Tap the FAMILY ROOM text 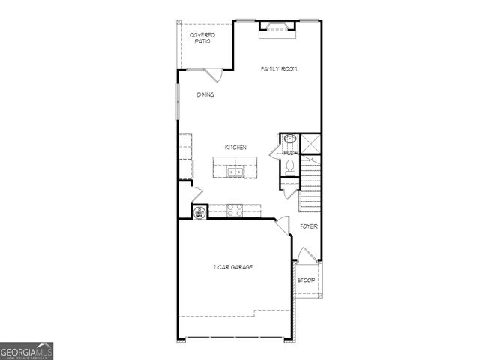(x=279, y=69)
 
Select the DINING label (x=205, y=95)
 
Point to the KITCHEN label (x=235, y=148)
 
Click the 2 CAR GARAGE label (x=232, y=267)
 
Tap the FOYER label (x=309, y=226)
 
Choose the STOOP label (x=306, y=280)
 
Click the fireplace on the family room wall (x=278, y=28)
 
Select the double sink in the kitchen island (x=235, y=173)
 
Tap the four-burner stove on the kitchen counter (x=234, y=211)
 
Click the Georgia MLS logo (x=26, y=351)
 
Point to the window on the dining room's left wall (x=178, y=100)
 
